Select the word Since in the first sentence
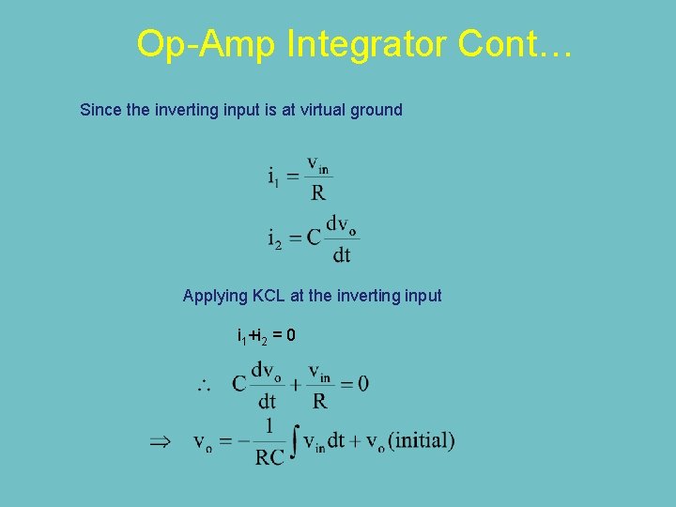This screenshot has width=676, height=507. tap(100, 110)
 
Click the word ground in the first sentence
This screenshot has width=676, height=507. tap(376, 110)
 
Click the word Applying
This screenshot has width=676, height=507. tap(215, 296)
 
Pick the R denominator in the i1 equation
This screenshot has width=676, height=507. tap(318, 193)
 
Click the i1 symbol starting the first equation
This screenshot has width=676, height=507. tap(273, 177)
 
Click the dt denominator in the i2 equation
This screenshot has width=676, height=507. tap(342, 253)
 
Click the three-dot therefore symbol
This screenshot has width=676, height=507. tap(202, 383)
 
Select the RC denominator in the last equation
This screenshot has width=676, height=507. tap(269, 458)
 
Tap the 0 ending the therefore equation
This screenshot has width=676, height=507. tap(362, 383)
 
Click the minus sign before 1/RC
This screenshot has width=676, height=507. tap(244, 440)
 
